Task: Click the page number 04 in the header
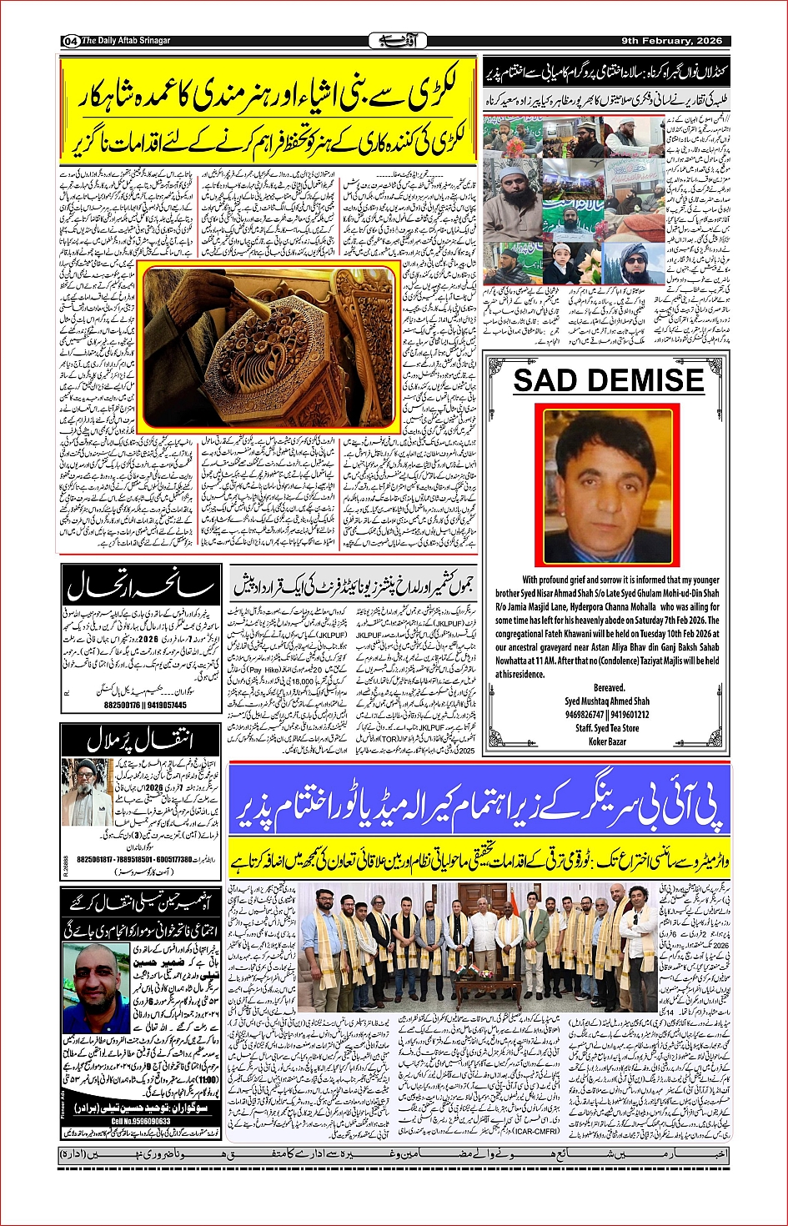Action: point(70,41)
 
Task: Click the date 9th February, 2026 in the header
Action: point(671,41)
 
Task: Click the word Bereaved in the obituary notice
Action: point(608,688)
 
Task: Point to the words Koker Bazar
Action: point(607,741)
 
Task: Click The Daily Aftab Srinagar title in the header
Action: point(125,41)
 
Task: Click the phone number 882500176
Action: point(122,705)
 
